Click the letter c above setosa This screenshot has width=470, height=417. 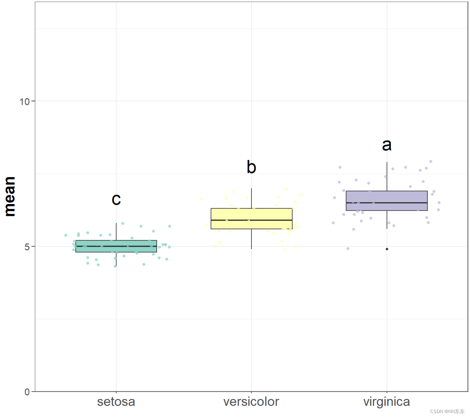coord(116,199)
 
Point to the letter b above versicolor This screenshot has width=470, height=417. coord(252,167)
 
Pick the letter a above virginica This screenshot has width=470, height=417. coord(387,145)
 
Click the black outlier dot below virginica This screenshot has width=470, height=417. coord(387,249)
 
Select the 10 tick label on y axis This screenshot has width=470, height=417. coord(25,102)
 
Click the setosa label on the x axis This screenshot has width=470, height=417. coord(116,402)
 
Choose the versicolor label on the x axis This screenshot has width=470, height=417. coord(251,402)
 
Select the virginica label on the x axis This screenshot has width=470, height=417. coord(387,402)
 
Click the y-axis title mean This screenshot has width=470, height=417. coord(10,196)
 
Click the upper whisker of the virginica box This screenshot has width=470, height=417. coord(387,177)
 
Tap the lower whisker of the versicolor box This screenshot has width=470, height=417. coord(252,239)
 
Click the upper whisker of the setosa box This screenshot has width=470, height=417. coord(116,232)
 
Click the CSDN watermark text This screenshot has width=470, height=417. coord(447,411)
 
